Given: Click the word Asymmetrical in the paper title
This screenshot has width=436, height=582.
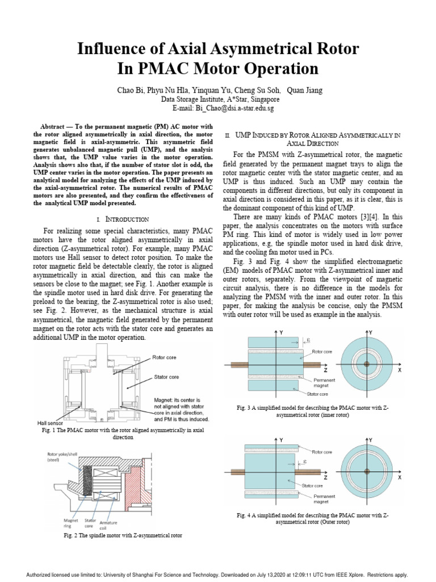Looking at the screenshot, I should click(222, 49).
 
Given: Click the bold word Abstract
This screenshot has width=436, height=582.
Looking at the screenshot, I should click(56, 126).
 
